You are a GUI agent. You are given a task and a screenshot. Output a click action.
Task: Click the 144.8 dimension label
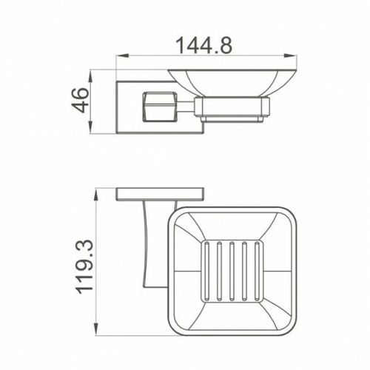(x=203, y=45)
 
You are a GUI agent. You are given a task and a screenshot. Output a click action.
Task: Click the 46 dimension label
(x=80, y=100)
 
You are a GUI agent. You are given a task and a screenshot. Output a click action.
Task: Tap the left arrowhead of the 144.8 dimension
(x=123, y=55)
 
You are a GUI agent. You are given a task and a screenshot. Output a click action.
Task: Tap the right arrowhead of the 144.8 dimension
(x=290, y=55)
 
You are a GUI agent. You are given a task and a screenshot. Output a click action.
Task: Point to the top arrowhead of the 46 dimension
(x=91, y=77)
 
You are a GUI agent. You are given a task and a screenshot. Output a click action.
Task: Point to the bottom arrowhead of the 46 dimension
(x=91, y=127)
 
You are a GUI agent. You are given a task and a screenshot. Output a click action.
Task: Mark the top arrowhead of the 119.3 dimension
(x=96, y=195)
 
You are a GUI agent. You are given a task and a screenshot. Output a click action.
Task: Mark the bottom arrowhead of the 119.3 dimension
(x=96, y=329)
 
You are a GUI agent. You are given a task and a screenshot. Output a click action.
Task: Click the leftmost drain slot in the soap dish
(x=206, y=271)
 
